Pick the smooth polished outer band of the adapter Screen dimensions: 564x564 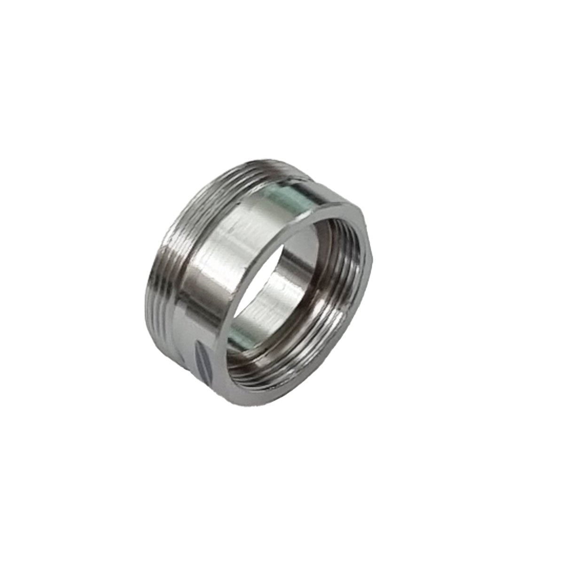pyautogui.click(x=216, y=263)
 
